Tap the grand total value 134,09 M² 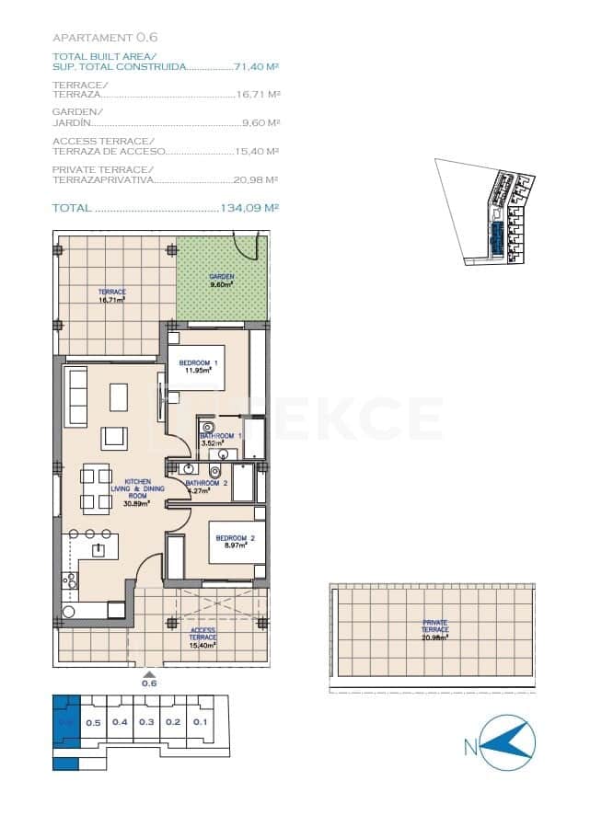249,208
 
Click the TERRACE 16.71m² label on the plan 112,295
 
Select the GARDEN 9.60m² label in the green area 221,280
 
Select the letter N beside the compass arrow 470,748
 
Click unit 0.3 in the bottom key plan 146,722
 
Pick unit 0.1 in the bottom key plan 201,722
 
